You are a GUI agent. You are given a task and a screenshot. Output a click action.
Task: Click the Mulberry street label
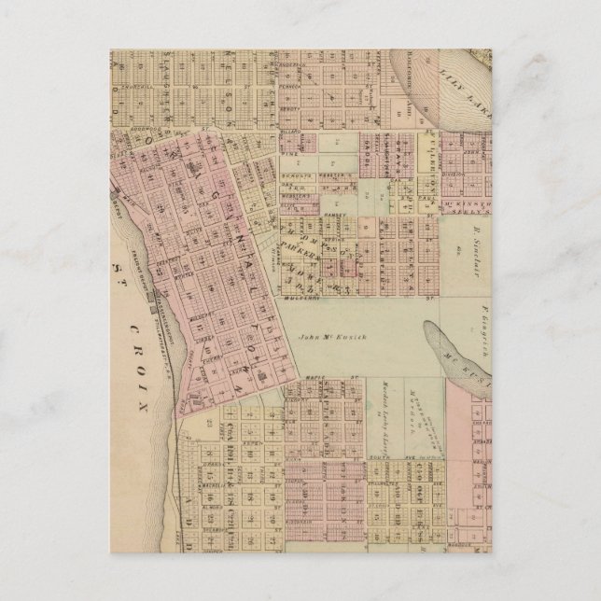(303, 300)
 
